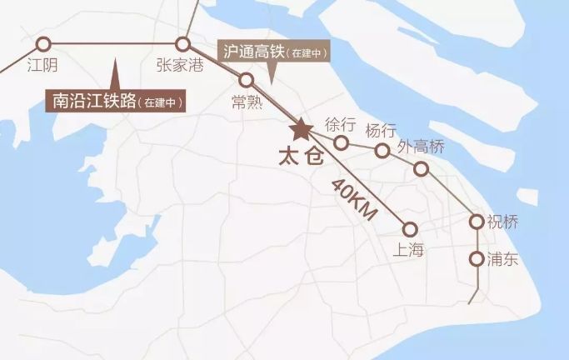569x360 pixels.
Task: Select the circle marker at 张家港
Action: [183, 44]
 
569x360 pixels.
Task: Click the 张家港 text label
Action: [179, 65]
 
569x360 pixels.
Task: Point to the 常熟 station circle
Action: [247, 80]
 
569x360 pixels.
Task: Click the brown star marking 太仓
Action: [299, 130]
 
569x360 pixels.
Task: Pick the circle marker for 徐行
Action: [341, 142]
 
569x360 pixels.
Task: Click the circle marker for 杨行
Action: [382, 151]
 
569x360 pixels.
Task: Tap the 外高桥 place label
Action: [421, 147]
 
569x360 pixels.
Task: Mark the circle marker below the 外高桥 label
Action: [422, 169]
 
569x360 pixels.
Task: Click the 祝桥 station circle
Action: [477, 222]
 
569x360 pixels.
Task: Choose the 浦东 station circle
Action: [477, 258]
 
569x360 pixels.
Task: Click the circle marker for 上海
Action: [409, 228]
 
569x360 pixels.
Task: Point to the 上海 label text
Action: [407, 248]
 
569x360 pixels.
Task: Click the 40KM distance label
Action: [354, 200]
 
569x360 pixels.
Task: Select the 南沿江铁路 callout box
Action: [117, 102]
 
